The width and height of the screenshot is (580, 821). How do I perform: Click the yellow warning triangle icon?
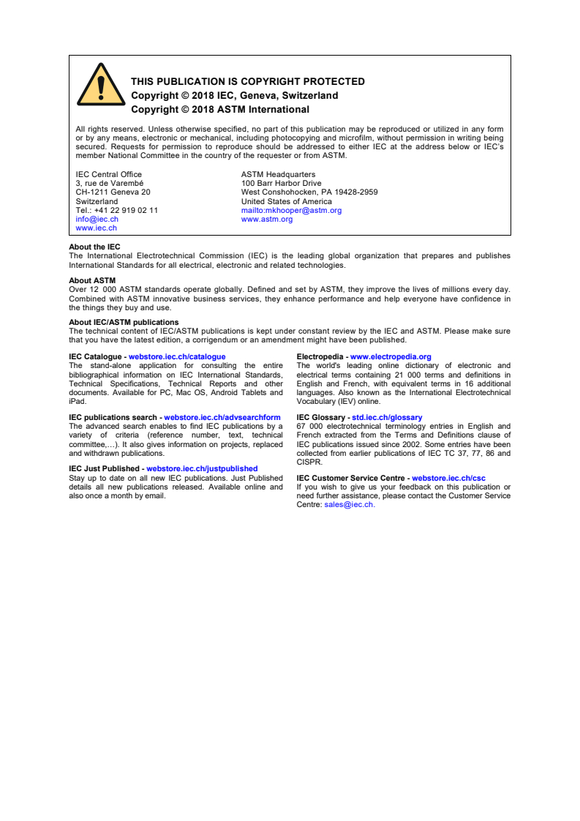(x=101, y=86)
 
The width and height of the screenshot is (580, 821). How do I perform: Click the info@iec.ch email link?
(x=97, y=219)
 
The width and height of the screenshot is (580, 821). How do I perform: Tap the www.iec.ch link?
(x=96, y=228)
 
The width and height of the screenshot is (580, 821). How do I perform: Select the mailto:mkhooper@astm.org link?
(x=291, y=210)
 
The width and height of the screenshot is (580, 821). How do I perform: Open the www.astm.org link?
(x=267, y=219)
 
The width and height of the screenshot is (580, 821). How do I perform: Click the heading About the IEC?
(x=94, y=247)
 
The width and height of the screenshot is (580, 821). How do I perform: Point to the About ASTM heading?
(x=92, y=280)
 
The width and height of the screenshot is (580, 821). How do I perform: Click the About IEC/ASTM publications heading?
(x=124, y=322)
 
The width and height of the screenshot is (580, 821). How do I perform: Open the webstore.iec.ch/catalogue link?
(x=177, y=357)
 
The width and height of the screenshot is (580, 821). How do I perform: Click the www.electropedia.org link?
(x=391, y=357)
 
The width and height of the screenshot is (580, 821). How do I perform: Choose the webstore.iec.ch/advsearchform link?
(x=222, y=418)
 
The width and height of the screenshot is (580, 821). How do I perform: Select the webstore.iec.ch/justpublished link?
(x=202, y=468)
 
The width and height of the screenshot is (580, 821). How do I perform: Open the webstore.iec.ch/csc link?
(x=448, y=479)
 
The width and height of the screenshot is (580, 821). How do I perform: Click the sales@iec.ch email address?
(x=349, y=505)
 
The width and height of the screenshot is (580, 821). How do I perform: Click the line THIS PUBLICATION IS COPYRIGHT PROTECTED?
(x=247, y=82)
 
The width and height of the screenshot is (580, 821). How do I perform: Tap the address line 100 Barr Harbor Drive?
(x=281, y=184)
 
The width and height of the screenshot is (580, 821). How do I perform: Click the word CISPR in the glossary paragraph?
(x=308, y=462)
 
